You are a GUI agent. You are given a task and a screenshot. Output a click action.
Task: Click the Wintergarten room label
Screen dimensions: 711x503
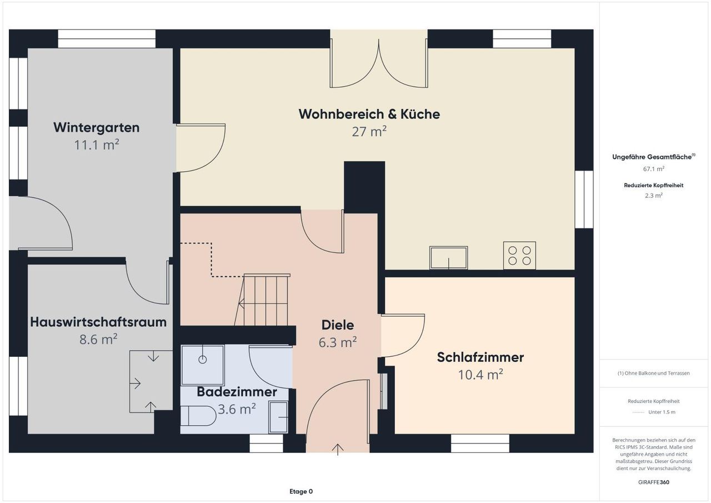(x=97, y=127)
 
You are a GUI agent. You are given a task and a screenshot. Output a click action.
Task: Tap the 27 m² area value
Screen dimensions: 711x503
(x=369, y=132)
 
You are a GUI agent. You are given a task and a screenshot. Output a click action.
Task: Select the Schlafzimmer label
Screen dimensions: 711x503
(x=480, y=357)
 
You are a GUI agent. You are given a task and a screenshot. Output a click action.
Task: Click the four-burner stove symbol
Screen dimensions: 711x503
(x=519, y=256)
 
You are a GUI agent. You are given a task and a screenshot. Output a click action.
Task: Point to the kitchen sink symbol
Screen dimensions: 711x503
(x=448, y=257)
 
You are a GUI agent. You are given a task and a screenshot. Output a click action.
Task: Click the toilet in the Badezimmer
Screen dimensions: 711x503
(x=198, y=416)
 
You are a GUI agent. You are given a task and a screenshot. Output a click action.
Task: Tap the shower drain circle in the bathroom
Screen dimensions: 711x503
(x=203, y=360)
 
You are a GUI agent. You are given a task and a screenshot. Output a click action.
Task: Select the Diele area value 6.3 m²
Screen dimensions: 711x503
(x=338, y=342)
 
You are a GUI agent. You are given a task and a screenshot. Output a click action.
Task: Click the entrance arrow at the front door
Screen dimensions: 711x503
(x=338, y=450)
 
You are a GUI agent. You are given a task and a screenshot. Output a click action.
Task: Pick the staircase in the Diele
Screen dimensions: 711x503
(x=262, y=300)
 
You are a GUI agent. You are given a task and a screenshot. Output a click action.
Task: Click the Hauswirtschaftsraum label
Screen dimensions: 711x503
(x=98, y=322)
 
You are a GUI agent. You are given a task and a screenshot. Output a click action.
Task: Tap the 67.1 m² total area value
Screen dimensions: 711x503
(x=654, y=169)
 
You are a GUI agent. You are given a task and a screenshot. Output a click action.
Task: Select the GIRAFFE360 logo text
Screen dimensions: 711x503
(x=654, y=482)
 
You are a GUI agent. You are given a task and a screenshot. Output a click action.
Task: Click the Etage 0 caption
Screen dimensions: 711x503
(x=301, y=491)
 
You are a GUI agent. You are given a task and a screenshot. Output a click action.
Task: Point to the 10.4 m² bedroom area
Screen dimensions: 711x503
(x=480, y=375)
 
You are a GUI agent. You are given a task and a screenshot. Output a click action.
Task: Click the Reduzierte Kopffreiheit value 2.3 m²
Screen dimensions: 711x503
(x=654, y=196)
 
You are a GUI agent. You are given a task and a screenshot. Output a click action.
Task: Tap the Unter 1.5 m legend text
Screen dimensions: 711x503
(x=662, y=412)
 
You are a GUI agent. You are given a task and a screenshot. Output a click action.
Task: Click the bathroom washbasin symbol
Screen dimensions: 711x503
(x=278, y=417)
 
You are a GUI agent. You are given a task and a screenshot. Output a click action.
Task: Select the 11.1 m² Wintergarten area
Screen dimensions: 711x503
(x=97, y=145)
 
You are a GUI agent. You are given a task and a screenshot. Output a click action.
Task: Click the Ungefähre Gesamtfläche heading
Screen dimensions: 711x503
(x=654, y=157)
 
